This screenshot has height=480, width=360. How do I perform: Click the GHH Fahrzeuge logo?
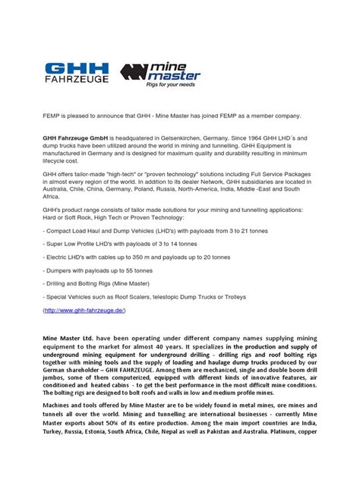tap(76, 67)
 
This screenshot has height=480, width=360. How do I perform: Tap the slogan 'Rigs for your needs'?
tap(185, 84)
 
